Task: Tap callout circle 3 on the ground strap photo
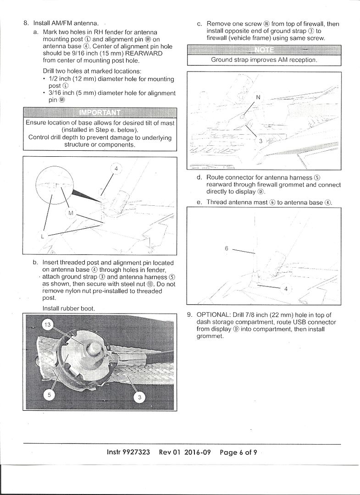click(x=140, y=397)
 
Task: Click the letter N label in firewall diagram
click(x=258, y=97)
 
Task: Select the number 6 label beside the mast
click(x=227, y=248)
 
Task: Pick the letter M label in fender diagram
click(x=70, y=213)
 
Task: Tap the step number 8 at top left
click(x=26, y=22)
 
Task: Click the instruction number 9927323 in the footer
click(x=137, y=452)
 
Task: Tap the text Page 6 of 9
click(x=238, y=452)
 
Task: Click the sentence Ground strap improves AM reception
click(x=264, y=60)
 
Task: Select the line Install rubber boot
click(x=68, y=308)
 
